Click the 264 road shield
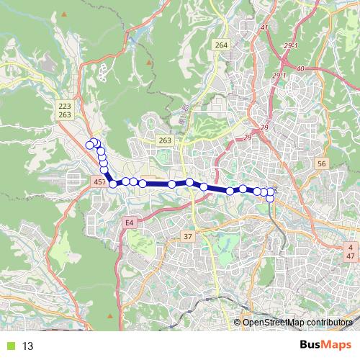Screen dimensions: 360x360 coord(220,45)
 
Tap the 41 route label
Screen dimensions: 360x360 coord(264,28)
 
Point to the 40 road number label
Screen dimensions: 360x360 coord(300,68)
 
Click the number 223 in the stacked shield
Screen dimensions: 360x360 coord(65,106)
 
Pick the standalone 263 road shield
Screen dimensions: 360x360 coord(166,140)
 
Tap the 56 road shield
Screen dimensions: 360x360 coord(321,164)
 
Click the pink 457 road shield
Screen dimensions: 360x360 coord(99,184)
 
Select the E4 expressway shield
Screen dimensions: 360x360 coord(130,223)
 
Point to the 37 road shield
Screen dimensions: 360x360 coord(189,236)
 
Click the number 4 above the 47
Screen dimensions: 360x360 coord(350,247)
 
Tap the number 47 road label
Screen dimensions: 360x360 coord(350,256)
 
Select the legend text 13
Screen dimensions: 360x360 coord(28,346)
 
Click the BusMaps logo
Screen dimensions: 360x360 coord(326,346)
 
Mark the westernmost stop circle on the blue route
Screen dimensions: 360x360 coord(90,145)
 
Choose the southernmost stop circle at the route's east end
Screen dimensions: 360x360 coord(270,198)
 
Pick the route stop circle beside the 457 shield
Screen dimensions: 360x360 coord(113,184)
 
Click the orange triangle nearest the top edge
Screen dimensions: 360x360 coord(65,14)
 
